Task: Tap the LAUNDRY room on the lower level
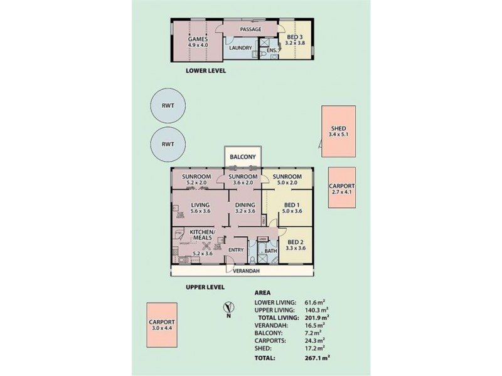point(240,48)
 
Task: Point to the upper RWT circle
point(168,105)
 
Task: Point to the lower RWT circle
point(168,144)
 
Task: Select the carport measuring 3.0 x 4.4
point(163,326)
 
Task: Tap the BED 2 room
point(296,245)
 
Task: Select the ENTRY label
point(236,250)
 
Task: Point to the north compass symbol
point(230,309)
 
